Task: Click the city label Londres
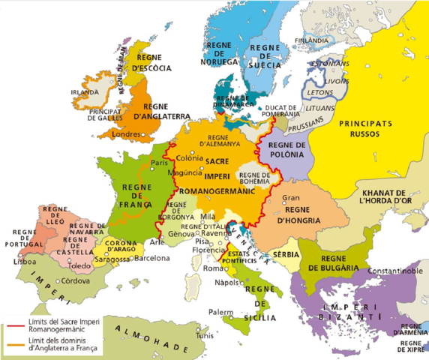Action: coord(124,135)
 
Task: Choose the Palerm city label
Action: coord(218,311)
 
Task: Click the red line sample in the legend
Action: coord(15,326)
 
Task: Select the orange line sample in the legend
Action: coord(15,346)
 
